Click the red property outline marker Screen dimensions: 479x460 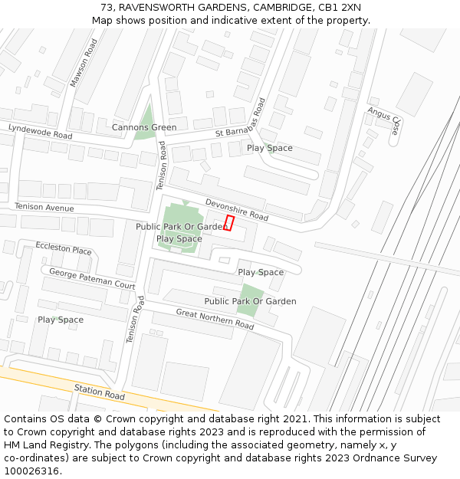pos(228,222)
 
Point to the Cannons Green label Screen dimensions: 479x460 pos(144,127)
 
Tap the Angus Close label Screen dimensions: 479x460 pos(384,120)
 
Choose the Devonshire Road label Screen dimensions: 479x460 pos(236,210)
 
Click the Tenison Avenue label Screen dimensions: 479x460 pos(44,208)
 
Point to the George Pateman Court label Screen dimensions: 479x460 pos(92,279)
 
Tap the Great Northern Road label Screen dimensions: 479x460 pos(215,319)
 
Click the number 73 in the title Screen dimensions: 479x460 pos(107,7)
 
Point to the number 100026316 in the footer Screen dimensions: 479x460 pos(33,471)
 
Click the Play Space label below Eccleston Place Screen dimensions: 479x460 pos(61,320)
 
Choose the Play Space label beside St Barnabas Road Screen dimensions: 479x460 pos(269,148)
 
